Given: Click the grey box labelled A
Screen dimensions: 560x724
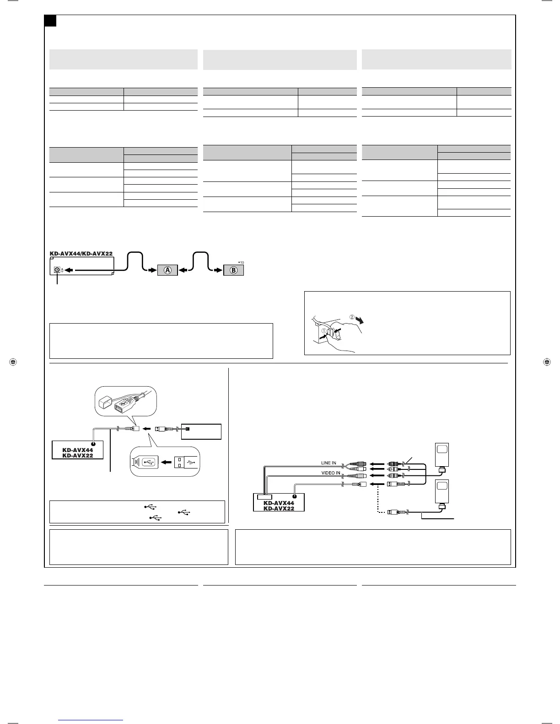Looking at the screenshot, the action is point(168,270).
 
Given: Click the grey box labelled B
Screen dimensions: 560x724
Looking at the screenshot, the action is point(233,270).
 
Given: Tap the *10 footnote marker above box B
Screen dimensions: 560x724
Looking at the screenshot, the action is point(241,262).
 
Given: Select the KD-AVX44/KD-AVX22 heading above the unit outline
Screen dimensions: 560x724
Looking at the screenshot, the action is point(81,253).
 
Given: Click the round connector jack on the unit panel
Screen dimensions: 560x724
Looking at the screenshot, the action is point(57,270).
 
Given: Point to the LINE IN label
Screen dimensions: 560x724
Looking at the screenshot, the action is point(328,463).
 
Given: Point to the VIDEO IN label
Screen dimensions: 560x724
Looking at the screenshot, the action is point(330,473).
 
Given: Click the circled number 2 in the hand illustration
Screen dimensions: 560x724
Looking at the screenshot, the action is point(352,316).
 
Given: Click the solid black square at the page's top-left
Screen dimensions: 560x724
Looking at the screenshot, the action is point(50,21).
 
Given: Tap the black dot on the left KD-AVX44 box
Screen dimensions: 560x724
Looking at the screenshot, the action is point(93,444).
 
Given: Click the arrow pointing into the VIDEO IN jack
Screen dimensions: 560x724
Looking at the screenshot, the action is point(376,476).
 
